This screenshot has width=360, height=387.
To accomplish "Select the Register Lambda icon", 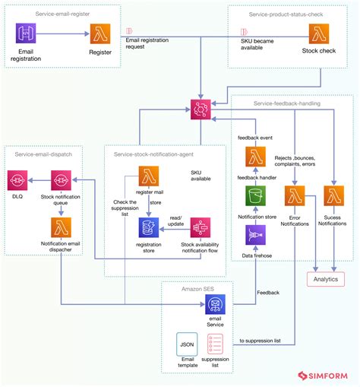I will pyautogui.click(x=101, y=34).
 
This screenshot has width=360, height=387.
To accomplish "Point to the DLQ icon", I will pyautogui.click(x=17, y=180).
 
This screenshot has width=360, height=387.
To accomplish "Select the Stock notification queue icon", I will pyautogui.click(x=62, y=180).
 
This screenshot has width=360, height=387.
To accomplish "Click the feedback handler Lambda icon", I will pyautogui.click(x=256, y=157).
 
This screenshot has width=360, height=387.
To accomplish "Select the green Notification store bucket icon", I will pyautogui.click(x=256, y=197).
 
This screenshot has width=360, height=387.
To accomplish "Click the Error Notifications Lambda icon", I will pyautogui.click(x=294, y=197).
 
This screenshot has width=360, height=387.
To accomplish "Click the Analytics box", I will pyautogui.click(x=325, y=279).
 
